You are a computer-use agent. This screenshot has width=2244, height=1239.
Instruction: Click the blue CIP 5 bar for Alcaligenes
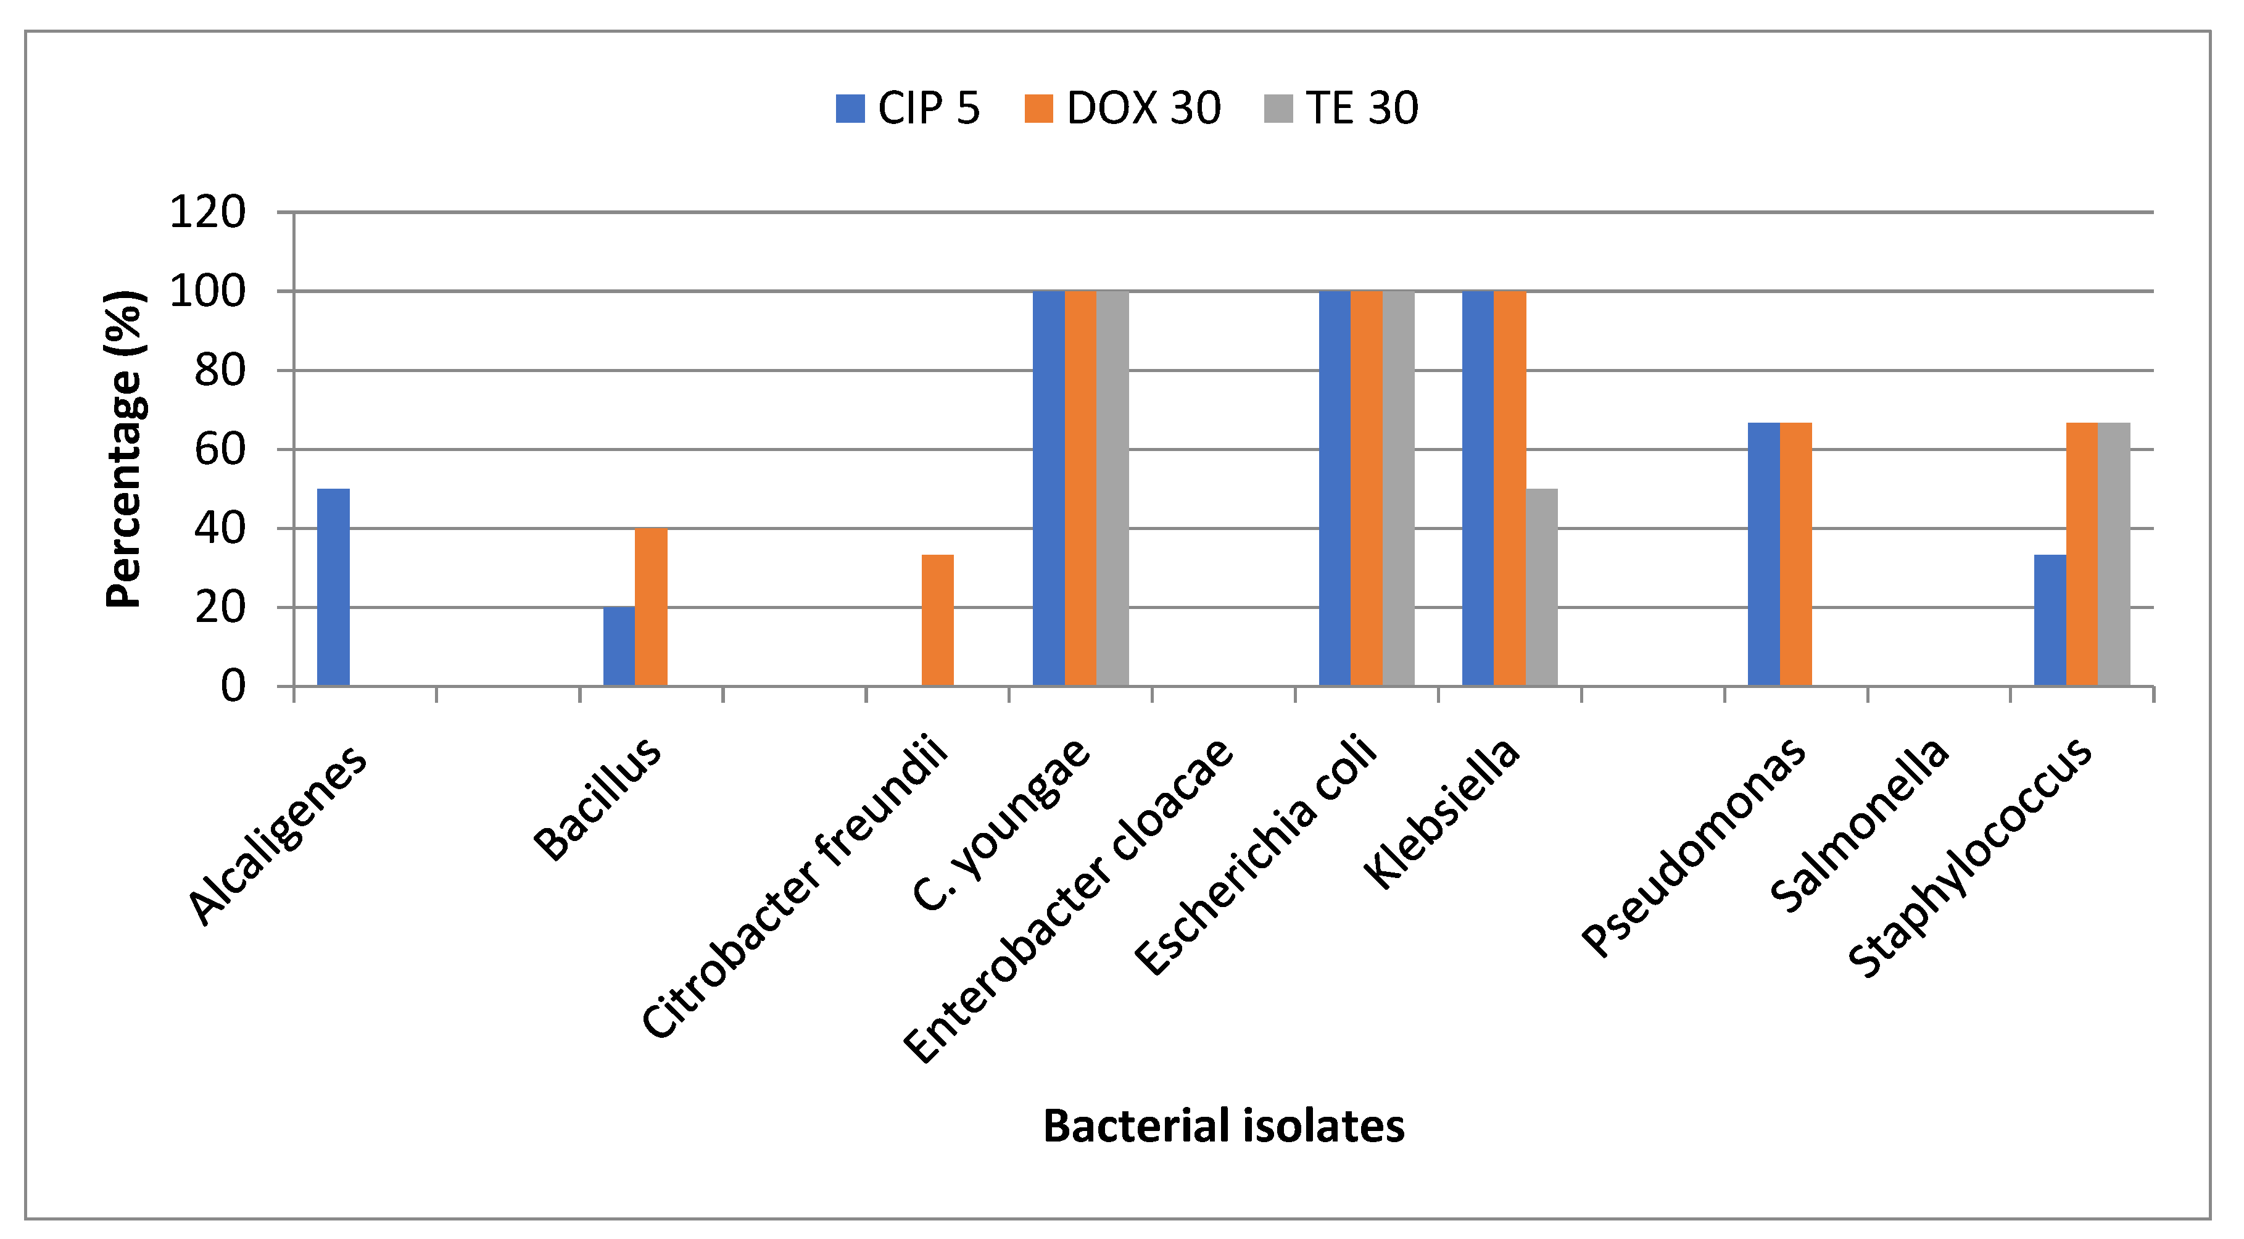(x=333, y=587)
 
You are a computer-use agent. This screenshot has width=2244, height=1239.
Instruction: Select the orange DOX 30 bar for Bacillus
(x=651, y=607)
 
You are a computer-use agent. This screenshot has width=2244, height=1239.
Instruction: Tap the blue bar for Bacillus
(x=618, y=647)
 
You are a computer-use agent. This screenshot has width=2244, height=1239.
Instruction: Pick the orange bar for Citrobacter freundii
(x=937, y=620)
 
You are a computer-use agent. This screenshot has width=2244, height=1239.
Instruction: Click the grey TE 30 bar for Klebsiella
(x=1541, y=587)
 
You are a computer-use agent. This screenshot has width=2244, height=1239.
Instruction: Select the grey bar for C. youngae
(x=1112, y=488)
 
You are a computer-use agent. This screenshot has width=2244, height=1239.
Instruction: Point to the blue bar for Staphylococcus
(x=2049, y=620)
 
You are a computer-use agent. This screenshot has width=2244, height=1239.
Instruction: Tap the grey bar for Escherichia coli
(x=1398, y=488)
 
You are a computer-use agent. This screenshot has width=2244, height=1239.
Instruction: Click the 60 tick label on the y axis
(x=220, y=450)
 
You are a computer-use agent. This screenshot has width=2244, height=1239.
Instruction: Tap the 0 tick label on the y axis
(x=233, y=687)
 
